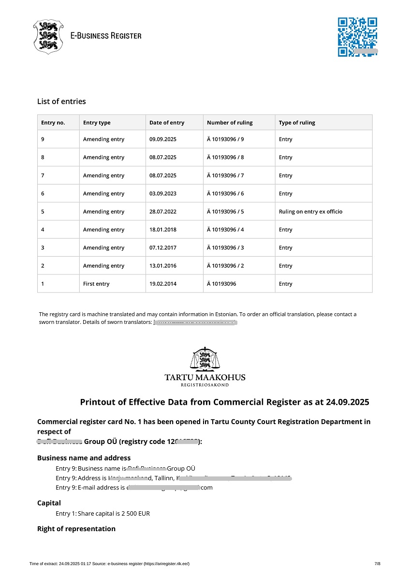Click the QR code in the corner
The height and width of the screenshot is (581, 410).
point(357,37)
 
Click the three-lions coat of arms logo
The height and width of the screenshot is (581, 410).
point(48,36)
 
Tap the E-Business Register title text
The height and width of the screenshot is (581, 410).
point(106,36)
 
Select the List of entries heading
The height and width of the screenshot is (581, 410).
point(61,101)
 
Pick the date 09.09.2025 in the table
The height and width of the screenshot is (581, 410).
point(163,139)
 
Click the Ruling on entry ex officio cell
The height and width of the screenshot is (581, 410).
point(310,212)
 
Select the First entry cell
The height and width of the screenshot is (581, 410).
point(96,284)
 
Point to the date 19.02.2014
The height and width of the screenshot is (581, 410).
point(163,284)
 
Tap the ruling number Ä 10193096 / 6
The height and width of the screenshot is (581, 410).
point(225,194)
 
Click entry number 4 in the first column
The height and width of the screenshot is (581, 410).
point(43,229)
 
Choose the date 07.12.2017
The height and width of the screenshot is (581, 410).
point(163,248)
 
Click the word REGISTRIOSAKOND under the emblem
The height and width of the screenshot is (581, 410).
point(205,385)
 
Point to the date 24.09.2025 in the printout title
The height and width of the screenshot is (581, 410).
point(347,402)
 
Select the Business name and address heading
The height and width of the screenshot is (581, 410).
point(84,458)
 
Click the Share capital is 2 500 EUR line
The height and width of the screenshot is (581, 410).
point(114,513)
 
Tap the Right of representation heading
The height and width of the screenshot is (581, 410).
point(76,529)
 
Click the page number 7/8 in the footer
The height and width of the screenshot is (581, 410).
point(378,564)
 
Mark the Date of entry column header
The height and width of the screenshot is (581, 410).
point(167,122)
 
